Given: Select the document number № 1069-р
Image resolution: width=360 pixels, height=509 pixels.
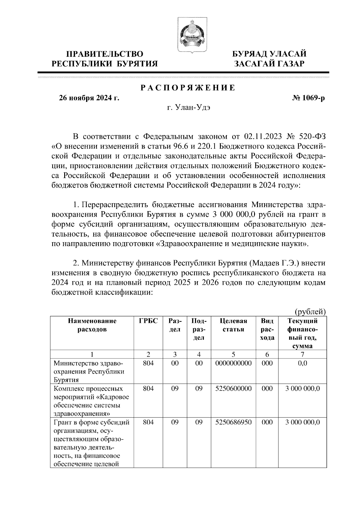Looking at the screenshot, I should (x=308, y=98).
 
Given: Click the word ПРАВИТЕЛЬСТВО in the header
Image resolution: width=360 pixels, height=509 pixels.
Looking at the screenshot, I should (x=105, y=54).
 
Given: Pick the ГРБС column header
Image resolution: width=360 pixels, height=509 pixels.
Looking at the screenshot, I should (x=148, y=321).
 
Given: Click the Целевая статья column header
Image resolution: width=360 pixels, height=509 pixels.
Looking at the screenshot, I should (x=233, y=325).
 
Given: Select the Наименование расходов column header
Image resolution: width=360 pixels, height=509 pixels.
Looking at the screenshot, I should (x=92, y=325).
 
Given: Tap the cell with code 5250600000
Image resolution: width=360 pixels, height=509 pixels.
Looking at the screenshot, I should (x=233, y=388).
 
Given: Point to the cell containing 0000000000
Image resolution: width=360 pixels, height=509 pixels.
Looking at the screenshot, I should (x=233, y=363).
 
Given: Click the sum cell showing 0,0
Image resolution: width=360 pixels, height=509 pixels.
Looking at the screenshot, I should (x=302, y=363).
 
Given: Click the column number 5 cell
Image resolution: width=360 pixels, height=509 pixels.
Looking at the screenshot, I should (x=233, y=354).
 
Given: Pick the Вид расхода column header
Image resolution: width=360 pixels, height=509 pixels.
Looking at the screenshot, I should (x=267, y=329).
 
